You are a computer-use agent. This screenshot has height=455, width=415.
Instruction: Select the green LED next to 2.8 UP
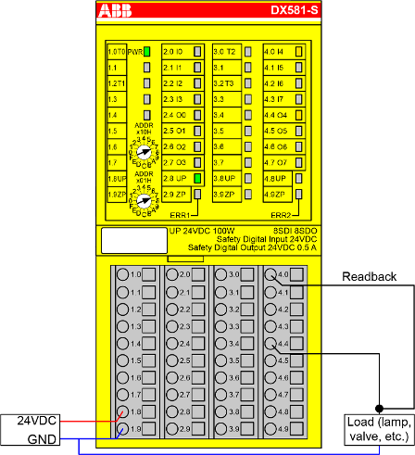point(197,177)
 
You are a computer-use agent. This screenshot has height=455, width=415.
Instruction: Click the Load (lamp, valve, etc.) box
point(374,427)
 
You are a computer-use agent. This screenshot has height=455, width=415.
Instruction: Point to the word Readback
point(369,276)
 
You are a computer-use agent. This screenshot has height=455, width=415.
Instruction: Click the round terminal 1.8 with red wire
point(120,411)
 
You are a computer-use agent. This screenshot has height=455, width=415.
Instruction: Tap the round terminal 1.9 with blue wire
point(120,429)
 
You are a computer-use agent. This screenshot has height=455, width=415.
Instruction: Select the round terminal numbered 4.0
point(270,275)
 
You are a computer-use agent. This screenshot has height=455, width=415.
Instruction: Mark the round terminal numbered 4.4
point(270,344)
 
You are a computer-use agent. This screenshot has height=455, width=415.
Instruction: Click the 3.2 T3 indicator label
point(226,83)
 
